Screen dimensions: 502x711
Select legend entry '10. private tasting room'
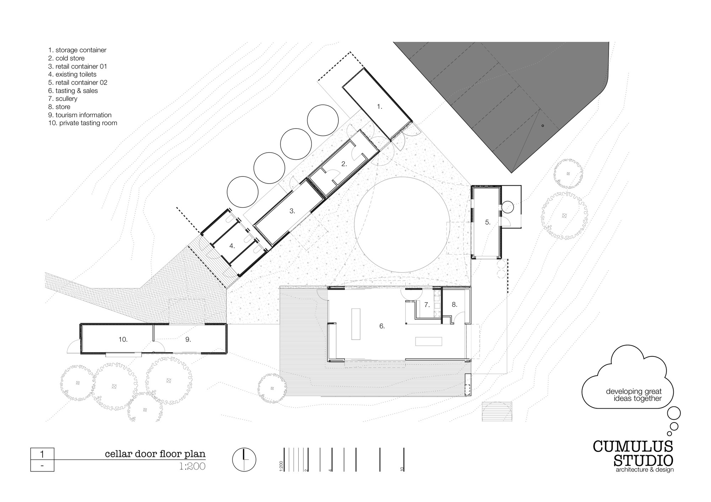point(83,123)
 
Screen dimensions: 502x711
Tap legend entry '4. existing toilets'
point(72,75)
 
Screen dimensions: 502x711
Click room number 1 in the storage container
point(380,107)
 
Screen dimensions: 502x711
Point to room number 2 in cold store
point(344,164)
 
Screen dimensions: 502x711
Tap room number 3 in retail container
point(292,211)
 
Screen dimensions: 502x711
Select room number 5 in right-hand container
point(488,222)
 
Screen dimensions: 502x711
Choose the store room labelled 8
point(454,305)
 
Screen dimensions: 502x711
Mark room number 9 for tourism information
point(188,340)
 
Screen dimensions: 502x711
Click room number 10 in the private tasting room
point(123,340)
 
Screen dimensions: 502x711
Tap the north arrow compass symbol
point(244,460)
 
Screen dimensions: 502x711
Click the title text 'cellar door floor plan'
point(155,454)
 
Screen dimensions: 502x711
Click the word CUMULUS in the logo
point(633,446)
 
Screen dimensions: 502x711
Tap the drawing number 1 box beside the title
point(42,454)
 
